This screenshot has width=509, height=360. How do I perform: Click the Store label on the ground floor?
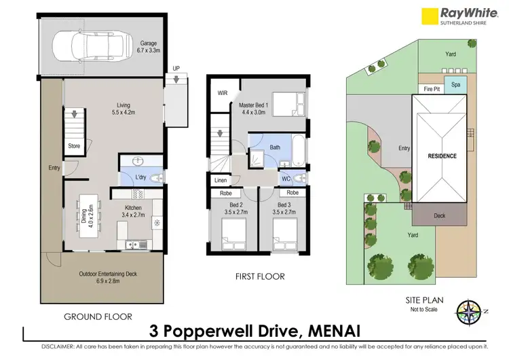[x=74, y=145]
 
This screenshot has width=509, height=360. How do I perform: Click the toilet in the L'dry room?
[x=155, y=177]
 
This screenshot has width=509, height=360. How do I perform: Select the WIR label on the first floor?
[x=222, y=93]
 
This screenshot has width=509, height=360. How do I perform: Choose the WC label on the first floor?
[x=286, y=179]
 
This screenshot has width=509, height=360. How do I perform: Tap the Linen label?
[x=221, y=181]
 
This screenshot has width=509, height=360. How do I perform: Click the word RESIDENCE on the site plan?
[x=442, y=156]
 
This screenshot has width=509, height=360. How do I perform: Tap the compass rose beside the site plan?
[x=470, y=312]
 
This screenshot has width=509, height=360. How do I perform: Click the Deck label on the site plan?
[x=440, y=217]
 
